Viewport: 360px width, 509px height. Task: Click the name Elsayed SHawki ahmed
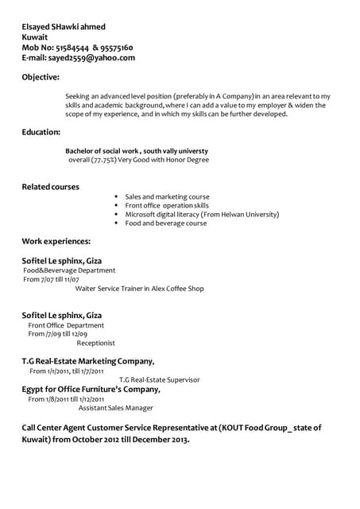(x=63, y=27)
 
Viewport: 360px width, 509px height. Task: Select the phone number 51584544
(x=74, y=48)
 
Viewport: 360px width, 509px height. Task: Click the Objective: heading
(x=41, y=77)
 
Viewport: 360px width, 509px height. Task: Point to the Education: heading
(x=41, y=132)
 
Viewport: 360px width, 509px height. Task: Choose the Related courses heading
(x=50, y=187)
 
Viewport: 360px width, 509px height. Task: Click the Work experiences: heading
(x=56, y=241)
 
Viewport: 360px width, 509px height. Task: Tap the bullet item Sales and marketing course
(x=167, y=196)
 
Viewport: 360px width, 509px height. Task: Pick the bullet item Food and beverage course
(x=165, y=223)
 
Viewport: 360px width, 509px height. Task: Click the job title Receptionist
(x=95, y=344)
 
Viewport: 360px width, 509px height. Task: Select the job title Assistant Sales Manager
(x=115, y=408)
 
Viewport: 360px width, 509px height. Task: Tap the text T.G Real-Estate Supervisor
(x=159, y=380)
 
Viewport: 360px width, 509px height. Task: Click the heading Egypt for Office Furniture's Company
(x=91, y=390)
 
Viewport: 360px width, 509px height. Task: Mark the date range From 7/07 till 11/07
(x=51, y=280)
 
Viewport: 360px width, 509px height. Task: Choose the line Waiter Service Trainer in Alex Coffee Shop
(x=139, y=289)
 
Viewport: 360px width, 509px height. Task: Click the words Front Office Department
(x=66, y=325)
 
